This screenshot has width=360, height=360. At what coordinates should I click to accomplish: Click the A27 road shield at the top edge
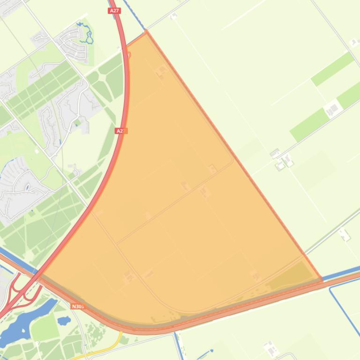114,11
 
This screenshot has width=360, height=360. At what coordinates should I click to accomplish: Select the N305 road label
78,306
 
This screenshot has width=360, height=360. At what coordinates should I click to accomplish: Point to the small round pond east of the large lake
64,321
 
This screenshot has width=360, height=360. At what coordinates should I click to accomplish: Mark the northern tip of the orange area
147,31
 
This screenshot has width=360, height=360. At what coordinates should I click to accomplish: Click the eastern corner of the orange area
322,279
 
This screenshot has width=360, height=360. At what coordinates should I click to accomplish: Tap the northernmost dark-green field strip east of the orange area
332,69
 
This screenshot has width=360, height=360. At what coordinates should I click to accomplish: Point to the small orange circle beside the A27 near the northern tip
129,55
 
